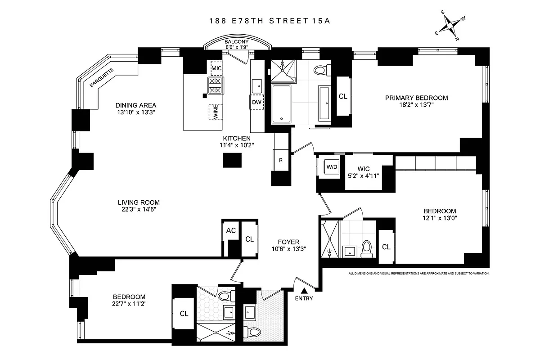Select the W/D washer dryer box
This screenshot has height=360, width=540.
332,167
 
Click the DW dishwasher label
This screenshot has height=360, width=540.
257,102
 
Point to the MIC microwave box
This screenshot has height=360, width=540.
216,68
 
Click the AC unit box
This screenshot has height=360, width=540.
231,230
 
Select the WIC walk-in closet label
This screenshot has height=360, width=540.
363,169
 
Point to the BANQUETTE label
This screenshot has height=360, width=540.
102,77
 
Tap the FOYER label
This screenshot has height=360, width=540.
288,242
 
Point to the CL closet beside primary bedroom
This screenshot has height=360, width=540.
343,96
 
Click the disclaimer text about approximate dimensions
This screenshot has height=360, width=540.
418,273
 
